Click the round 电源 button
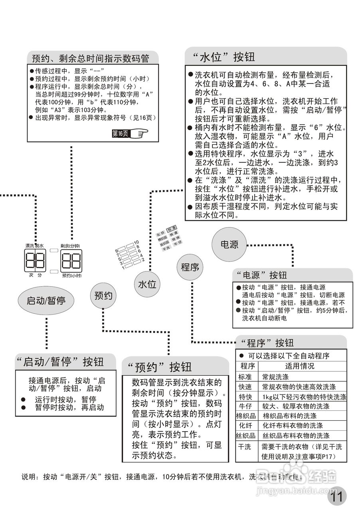[x=229, y=245]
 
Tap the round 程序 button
[x=190, y=267]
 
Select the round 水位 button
[x=147, y=285]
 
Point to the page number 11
[x=337, y=497]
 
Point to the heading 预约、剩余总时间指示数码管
[x=90, y=58]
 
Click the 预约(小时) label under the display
[x=72, y=275]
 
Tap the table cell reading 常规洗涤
[x=275, y=376]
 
